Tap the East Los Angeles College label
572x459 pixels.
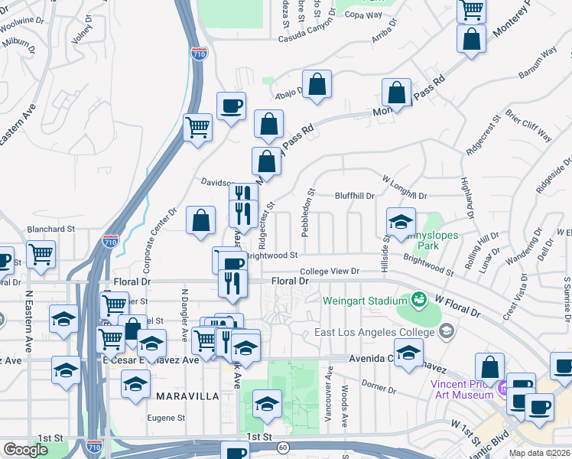(377, 332)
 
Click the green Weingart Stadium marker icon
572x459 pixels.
(419, 298)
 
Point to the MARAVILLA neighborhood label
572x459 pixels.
(188, 396)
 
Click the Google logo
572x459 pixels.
(25, 450)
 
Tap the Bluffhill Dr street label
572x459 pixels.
(355, 196)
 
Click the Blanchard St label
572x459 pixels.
(50, 228)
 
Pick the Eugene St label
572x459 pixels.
(171, 418)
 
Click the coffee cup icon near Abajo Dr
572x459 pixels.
(230, 106)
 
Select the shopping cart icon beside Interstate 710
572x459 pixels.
(198, 128)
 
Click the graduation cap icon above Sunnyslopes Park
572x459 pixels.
(401, 222)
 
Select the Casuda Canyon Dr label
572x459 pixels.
(307, 37)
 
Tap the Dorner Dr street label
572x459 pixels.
(379, 390)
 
